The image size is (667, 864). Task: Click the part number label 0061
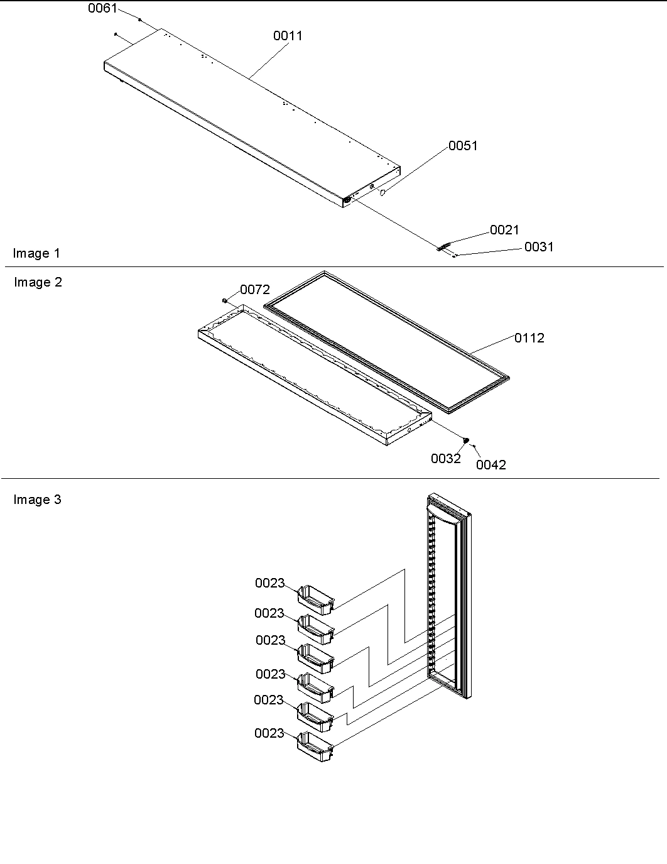102,9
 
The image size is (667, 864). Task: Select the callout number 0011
288,36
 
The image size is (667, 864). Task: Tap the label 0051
463,146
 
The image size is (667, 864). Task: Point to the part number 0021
504,230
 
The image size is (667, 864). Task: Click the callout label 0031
539,247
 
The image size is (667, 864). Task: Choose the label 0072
255,290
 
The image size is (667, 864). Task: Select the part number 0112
529,338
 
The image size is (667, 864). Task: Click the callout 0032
445,459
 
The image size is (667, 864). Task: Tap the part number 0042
491,465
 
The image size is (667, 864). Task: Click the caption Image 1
36,253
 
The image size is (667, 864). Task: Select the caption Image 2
38,282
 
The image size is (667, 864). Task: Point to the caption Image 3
38,500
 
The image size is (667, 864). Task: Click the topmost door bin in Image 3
316,598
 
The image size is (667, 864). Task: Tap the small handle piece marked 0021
444,247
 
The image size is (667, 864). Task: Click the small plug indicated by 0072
224,301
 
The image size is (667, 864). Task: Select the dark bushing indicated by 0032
466,440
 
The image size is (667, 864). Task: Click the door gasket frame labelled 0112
386,342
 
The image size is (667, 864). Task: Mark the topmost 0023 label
269,583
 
